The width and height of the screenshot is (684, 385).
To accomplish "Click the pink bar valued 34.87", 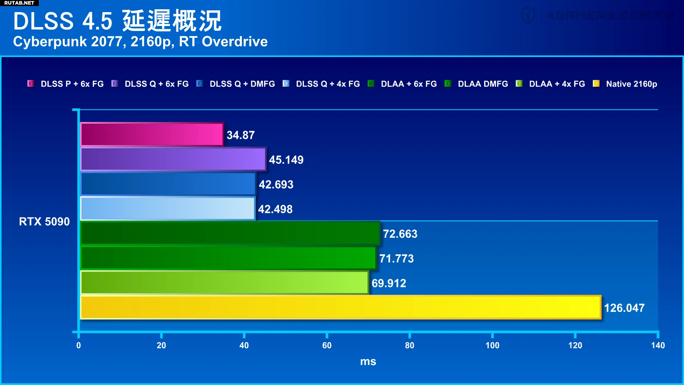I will point(152,135).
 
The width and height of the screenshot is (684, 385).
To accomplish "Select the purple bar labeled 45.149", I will point(173,159).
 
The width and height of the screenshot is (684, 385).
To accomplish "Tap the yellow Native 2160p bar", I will point(341,307).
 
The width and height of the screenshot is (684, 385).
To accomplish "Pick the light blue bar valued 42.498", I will point(168,209).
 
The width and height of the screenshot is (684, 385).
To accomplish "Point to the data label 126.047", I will point(624,308).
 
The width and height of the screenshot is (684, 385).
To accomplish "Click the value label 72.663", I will point(400,234).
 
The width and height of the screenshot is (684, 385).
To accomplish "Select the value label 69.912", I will point(389,283).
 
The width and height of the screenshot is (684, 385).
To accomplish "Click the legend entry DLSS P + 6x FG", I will point(72,84).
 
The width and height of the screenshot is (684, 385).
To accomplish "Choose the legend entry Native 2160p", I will point(631,84).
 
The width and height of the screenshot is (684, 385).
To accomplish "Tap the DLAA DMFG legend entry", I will point(483,84).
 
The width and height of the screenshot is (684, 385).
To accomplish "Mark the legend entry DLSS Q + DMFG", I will point(242,84).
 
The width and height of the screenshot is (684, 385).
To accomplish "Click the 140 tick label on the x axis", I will point(658,345).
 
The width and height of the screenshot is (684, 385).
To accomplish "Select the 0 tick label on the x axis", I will point(78,345).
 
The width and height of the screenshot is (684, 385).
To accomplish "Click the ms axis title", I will point(368,361).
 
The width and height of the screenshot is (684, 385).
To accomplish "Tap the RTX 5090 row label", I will point(44,221).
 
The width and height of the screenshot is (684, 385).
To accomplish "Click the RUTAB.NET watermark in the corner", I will point(19,3).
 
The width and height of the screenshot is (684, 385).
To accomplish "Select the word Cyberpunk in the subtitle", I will point(50,42).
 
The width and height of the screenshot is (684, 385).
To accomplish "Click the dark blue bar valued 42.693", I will point(168,184).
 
